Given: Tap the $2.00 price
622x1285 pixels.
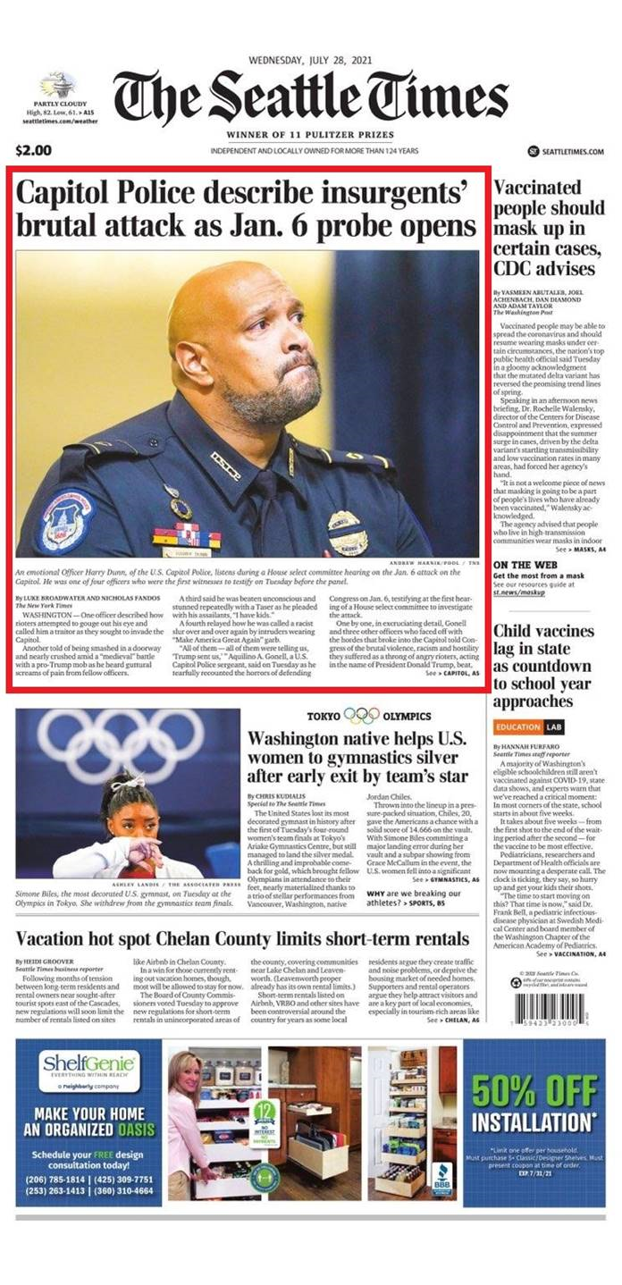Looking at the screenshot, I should (34, 150).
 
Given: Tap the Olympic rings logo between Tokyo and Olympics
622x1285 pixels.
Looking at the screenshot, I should (361, 716).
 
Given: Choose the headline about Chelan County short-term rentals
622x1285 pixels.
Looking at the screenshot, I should (241, 939).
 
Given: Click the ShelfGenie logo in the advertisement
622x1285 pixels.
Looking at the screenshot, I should (88, 1066).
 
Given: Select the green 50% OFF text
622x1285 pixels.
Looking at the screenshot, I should (533, 1089).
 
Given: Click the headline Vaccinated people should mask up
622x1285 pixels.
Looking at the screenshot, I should (548, 228).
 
